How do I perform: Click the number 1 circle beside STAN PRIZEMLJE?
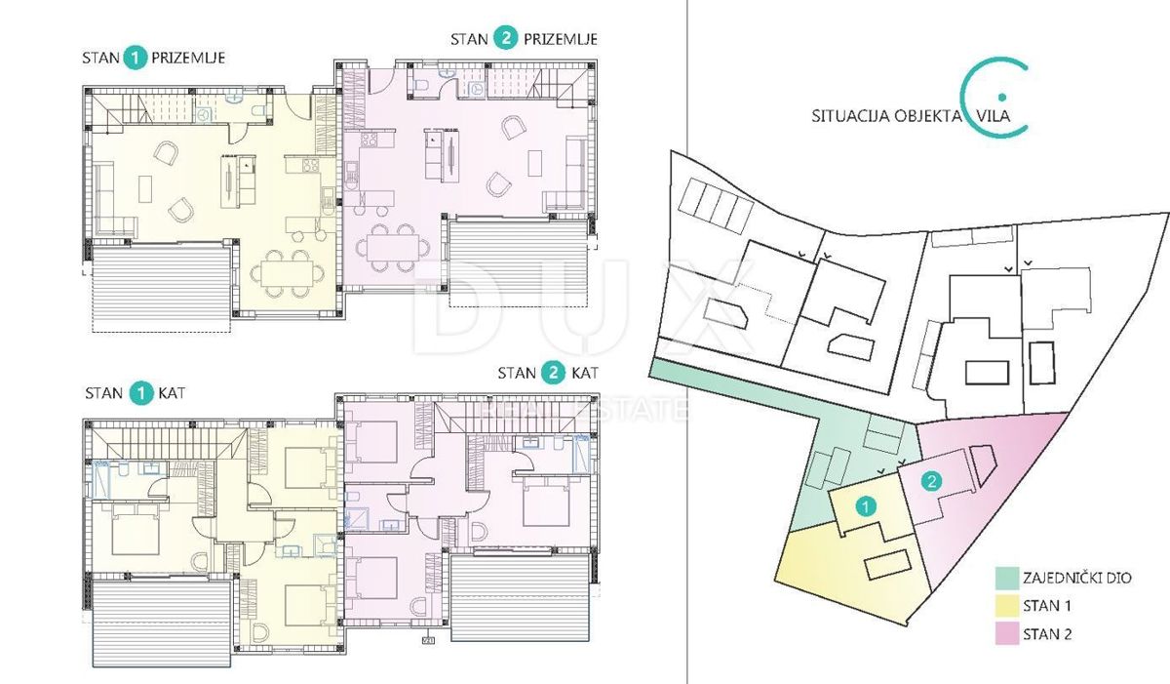click(x=135, y=59)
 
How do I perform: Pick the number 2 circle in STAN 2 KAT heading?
click(x=551, y=373)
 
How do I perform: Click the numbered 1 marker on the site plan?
click(x=862, y=506)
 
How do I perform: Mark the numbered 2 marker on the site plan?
click(x=932, y=480)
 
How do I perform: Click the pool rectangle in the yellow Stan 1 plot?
click(x=888, y=564)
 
